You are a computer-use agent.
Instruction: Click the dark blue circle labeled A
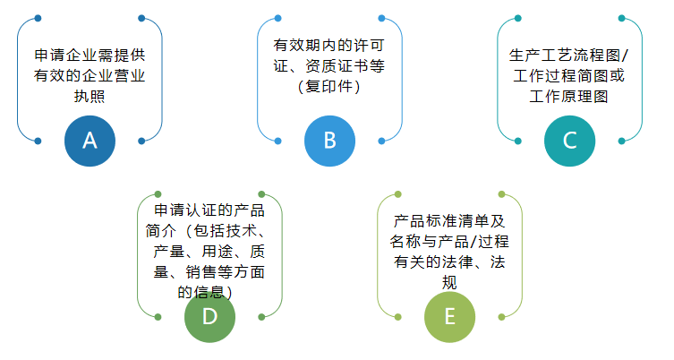(x=90, y=141)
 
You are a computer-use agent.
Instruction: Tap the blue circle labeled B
(x=329, y=141)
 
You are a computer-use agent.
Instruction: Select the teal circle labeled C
(x=569, y=141)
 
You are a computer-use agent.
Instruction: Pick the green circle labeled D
(x=209, y=317)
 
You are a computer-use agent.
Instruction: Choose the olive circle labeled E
(x=449, y=317)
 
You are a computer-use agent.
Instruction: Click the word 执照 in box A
(x=90, y=96)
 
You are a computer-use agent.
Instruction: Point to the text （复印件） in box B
(x=329, y=86)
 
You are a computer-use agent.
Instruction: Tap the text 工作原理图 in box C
(x=569, y=96)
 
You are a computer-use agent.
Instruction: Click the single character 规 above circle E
(x=449, y=282)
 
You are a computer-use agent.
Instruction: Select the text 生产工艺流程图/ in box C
(x=569, y=55)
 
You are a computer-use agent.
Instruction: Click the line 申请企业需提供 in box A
(x=90, y=55)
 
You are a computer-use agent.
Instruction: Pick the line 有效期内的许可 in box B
(x=328, y=45)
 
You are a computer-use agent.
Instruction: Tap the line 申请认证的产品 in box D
(x=209, y=210)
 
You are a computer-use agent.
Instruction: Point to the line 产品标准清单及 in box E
(x=449, y=220)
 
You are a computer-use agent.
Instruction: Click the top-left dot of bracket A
(x=38, y=18)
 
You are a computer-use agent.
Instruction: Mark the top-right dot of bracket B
(x=381, y=18)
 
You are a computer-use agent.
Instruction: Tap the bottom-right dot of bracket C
(x=621, y=141)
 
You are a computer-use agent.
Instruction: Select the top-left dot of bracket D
(x=158, y=194)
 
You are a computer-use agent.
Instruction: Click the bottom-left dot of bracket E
(x=397, y=317)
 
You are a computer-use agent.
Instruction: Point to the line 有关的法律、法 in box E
(x=449, y=261)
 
